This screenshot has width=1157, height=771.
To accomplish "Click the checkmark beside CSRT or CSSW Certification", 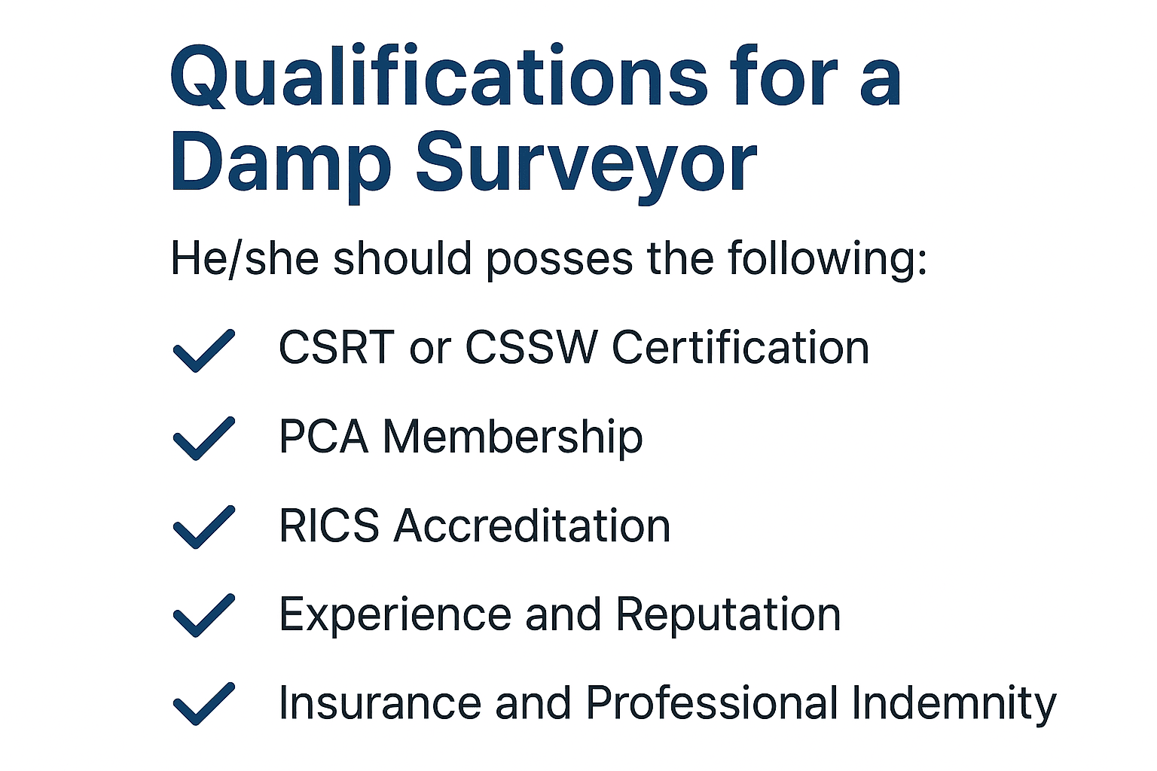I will [203, 350].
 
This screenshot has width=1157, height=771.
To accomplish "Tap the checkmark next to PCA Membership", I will [203, 437].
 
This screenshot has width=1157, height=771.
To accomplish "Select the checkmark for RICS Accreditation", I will [203, 526].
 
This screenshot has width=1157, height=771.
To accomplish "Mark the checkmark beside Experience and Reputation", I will [203, 615].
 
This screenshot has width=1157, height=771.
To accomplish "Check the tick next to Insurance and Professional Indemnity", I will [203, 703].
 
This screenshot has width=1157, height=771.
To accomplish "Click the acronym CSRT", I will [337, 348].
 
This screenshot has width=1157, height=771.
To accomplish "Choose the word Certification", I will [740, 348].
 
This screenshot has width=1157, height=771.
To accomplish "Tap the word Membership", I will [513, 437].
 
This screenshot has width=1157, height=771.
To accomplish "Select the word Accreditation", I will [532, 526].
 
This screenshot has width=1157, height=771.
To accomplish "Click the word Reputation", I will [728, 615].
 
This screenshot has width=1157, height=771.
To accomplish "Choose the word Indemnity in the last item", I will [954, 703].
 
